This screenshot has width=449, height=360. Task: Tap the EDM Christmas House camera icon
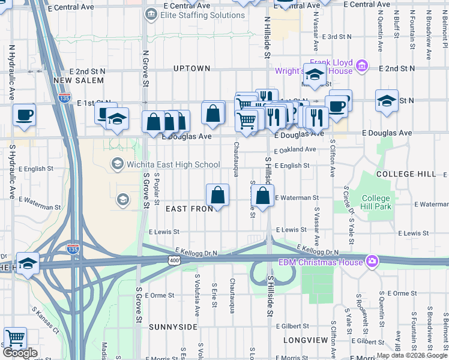(372, 262)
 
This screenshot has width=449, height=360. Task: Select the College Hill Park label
(376, 202)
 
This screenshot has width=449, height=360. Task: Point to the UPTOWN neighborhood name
(191, 68)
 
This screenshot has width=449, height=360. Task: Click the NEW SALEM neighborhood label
(75, 80)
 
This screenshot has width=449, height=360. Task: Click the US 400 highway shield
(174, 260)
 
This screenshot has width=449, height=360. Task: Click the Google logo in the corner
(20, 353)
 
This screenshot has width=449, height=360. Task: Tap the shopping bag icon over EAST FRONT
(217, 195)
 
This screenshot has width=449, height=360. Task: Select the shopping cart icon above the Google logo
(15, 337)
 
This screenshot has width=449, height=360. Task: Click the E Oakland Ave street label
(295, 149)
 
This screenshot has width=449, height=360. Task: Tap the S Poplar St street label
(157, 187)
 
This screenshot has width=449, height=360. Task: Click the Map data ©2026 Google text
(412, 355)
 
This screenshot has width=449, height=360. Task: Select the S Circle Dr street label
(346, 201)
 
